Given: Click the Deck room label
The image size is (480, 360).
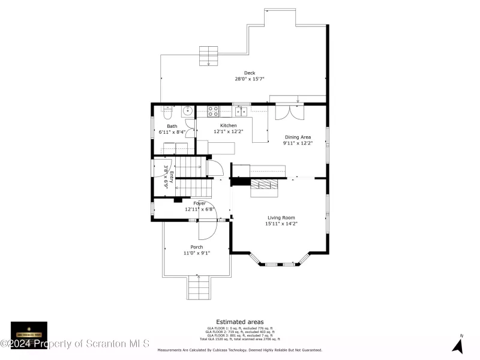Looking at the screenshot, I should click(x=249, y=73).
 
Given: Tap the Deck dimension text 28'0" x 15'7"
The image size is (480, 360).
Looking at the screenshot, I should click(x=249, y=79).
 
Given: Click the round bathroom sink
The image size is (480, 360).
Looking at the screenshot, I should click(x=187, y=110).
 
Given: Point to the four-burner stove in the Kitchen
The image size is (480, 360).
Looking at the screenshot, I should click(x=214, y=110).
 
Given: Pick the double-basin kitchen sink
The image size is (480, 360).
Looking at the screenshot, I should click(x=242, y=110).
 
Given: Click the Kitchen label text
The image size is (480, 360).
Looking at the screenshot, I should click(x=228, y=125).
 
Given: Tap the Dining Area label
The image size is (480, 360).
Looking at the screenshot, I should click(x=297, y=137).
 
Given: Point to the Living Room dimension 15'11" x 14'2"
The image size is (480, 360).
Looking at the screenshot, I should click(x=282, y=224).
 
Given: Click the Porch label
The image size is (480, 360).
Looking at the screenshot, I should click(x=196, y=247).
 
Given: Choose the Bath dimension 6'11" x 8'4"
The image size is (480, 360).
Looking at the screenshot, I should click(x=172, y=132).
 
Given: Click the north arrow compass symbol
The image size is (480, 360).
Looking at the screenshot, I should click(x=458, y=345).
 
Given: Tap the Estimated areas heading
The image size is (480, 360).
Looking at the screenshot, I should click(x=239, y=322).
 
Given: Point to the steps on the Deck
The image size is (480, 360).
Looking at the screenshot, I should click(x=209, y=55).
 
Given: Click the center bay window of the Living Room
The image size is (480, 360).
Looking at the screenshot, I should click(x=279, y=263).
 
